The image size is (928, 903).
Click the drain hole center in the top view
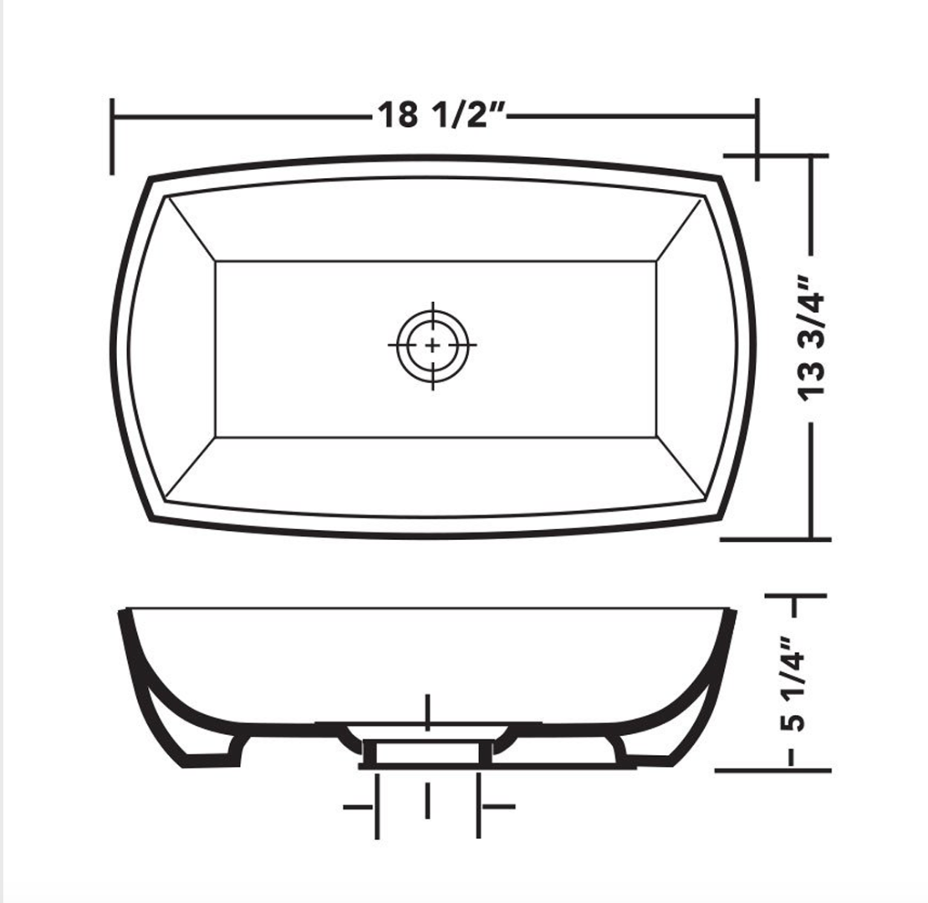click(432, 344)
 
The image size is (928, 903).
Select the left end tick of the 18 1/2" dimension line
click(112, 136)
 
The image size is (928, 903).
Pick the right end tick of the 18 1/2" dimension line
click(757, 138)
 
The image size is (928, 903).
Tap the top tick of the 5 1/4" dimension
click(795, 596)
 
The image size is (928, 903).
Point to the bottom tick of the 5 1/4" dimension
click(773, 770)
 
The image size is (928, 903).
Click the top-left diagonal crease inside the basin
click(191, 230)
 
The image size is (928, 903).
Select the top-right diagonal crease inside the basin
click(678, 230)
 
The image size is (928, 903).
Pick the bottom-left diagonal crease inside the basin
click(191, 468)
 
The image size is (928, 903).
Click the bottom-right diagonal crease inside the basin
click(678, 468)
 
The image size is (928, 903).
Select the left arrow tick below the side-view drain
click(359, 807)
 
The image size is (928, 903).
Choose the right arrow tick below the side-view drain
click(498, 807)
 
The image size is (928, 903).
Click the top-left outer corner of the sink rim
click(150, 178)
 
